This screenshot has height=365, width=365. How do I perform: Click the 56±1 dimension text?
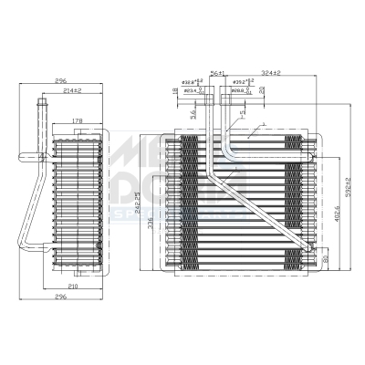tap(217, 73)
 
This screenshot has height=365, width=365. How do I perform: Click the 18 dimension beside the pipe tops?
tap(173, 91)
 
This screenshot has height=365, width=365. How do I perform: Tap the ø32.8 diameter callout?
tap(192, 83)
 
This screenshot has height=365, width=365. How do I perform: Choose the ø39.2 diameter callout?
tap(241, 83)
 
